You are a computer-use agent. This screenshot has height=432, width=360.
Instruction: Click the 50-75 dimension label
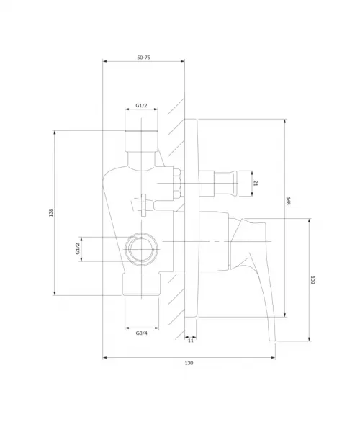tap(143, 58)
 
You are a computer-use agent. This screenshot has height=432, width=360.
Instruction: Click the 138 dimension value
tap(51, 212)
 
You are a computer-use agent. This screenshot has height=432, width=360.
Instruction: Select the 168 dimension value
tap(288, 201)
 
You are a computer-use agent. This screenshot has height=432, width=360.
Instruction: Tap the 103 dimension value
tap(312, 280)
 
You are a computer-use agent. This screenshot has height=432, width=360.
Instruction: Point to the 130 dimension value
tap(189, 363)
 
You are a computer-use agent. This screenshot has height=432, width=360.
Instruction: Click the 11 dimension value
tap(191, 341)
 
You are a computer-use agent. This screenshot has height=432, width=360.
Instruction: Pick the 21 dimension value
tap(256, 183)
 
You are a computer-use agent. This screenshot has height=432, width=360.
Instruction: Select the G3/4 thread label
tap(142, 333)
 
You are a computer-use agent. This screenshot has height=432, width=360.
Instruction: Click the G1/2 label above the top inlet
tap(141, 106)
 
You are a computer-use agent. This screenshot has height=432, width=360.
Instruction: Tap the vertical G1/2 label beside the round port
tap(78, 248)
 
